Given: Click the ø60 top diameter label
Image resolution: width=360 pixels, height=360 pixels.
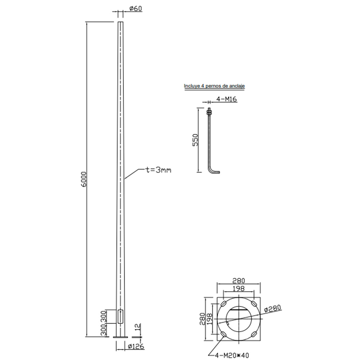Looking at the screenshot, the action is (x=136, y=9).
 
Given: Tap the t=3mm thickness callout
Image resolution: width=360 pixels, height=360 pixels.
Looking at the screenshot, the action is (x=158, y=170).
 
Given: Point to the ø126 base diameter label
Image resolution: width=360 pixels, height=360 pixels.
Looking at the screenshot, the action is (x=136, y=346).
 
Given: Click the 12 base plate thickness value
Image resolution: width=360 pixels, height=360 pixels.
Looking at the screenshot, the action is (x=138, y=327).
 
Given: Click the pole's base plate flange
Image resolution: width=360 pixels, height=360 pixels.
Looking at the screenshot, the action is (x=120, y=337).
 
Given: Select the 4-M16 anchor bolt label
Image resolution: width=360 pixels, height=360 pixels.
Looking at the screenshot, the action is (x=226, y=99).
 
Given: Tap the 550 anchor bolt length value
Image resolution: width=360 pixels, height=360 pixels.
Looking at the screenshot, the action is (x=195, y=140).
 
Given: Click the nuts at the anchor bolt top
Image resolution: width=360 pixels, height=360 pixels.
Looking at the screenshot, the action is (x=209, y=112).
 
